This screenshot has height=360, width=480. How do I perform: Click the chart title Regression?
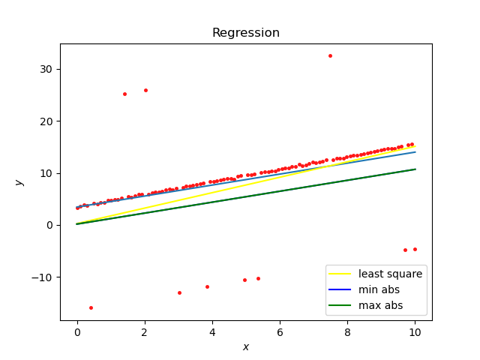(x=245, y=33)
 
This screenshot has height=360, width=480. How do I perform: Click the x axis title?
(x=245, y=346)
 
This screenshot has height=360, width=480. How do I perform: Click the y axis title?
(x=19, y=182)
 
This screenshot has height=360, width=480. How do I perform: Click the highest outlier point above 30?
(x=330, y=55)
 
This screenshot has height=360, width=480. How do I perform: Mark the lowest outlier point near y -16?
(x=91, y=307)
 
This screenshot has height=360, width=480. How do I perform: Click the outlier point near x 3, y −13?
(x=179, y=292)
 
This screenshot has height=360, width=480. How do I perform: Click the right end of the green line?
(x=415, y=169)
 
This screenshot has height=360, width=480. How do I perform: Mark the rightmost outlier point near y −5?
(x=415, y=249)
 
